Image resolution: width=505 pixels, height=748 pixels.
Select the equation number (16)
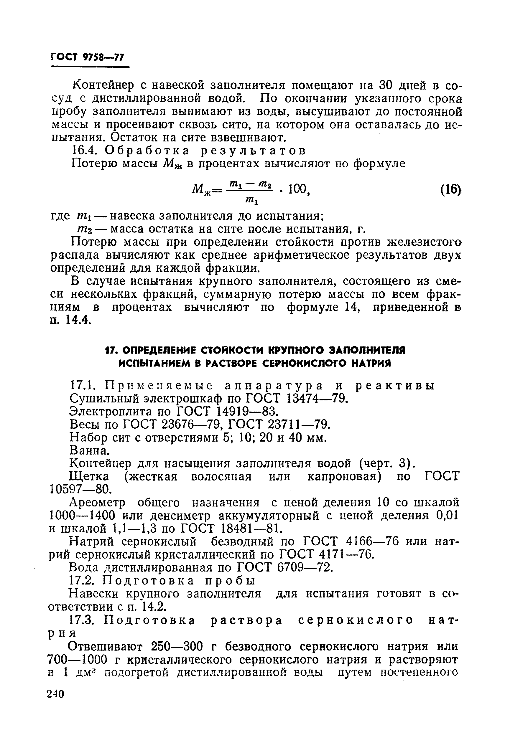click(450, 190)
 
